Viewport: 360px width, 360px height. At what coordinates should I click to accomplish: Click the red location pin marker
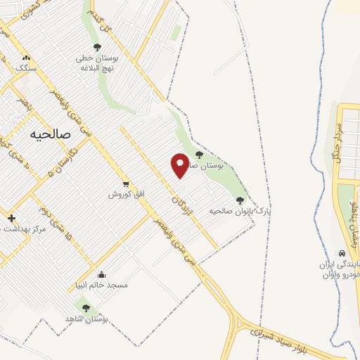tap(180, 165)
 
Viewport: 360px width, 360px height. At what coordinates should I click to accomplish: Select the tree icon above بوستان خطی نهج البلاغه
tap(97, 47)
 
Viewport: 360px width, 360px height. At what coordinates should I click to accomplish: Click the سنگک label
tap(26, 68)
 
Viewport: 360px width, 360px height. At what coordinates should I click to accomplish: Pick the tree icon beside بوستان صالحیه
tap(199, 155)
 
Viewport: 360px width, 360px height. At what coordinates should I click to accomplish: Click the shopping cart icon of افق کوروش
tap(125, 184)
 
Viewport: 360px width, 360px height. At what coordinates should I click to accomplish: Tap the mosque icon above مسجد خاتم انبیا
tap(102, 275)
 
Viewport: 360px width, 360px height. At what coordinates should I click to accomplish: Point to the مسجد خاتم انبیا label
tap(102, 285)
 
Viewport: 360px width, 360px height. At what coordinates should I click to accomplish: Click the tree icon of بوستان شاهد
tap(86, 308)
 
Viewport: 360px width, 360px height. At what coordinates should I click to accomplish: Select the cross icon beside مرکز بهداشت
tap(11, 218)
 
